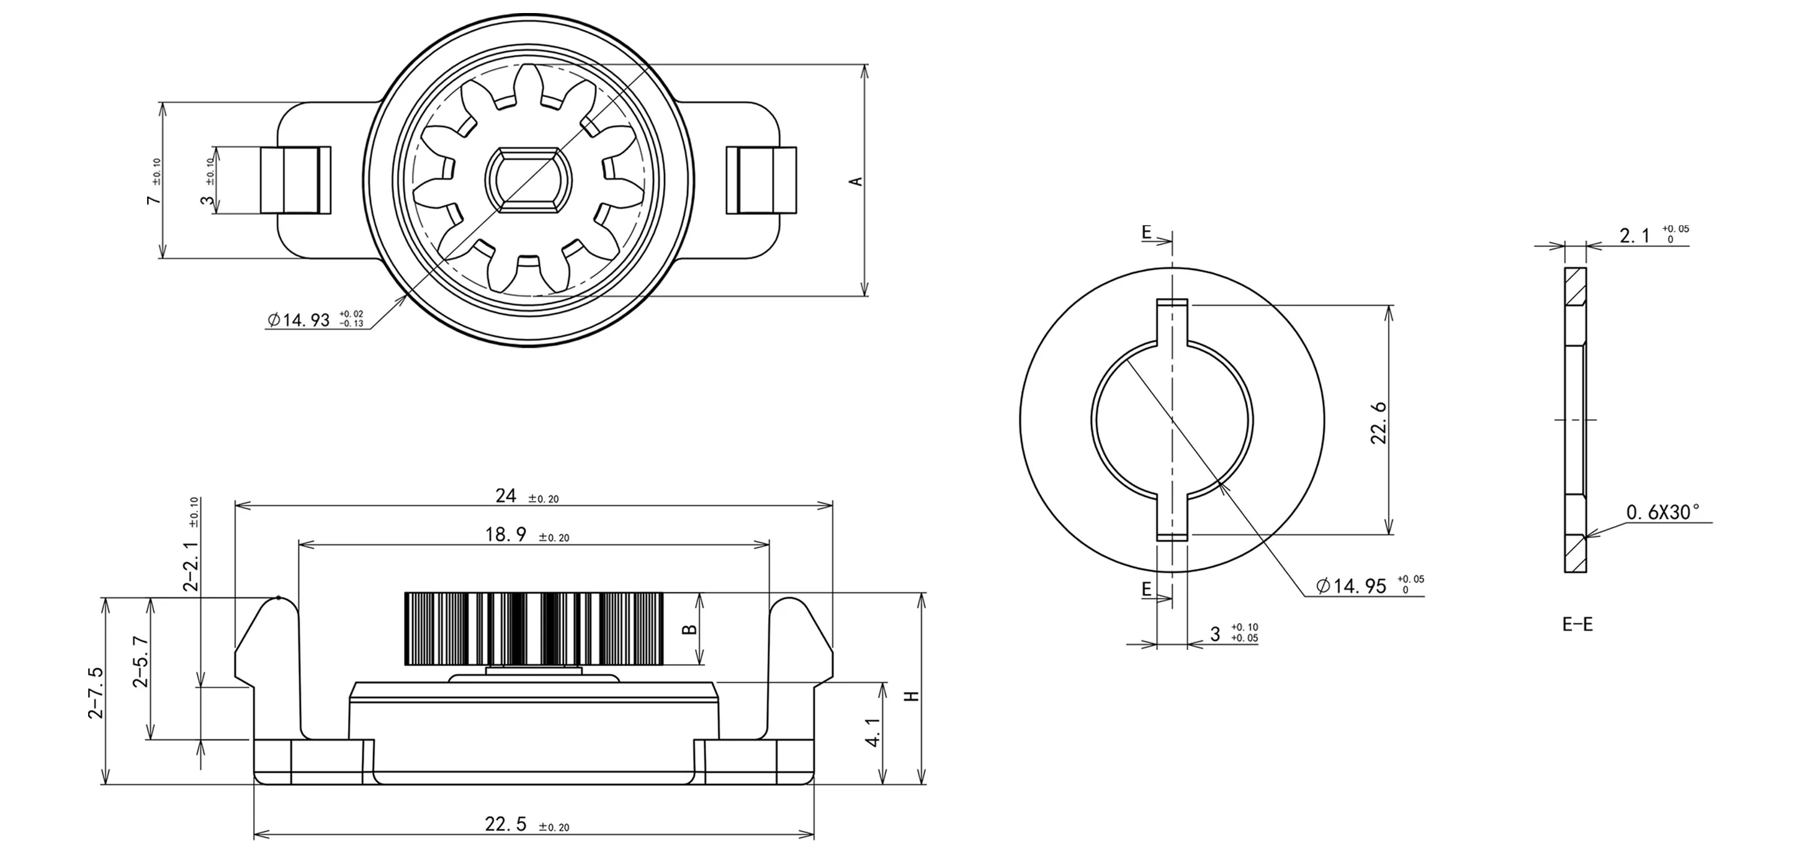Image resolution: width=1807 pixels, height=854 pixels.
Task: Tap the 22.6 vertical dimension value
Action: point(1378,423)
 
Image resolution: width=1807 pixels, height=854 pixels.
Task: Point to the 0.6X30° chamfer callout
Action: point(1663,513)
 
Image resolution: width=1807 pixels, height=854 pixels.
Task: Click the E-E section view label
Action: point(1577,624)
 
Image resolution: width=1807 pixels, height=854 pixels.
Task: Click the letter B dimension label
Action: point(690,629)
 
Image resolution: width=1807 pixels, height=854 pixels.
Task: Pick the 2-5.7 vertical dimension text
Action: point(140,662)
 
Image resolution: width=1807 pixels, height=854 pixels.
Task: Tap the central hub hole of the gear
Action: point(528,179)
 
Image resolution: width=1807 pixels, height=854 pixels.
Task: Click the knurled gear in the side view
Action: point(534,629)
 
